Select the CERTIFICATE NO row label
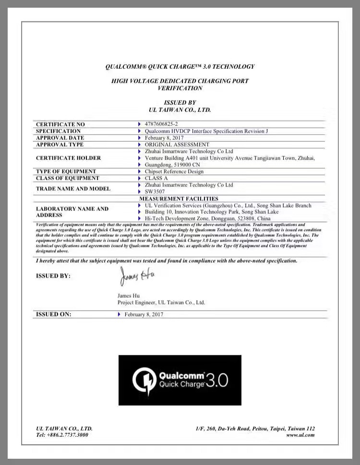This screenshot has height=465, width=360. pos(60,124)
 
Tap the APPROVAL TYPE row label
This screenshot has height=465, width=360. pos(60,145)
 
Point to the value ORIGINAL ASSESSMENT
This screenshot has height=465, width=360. pos(177,145)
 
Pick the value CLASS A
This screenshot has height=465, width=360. pos(156,178)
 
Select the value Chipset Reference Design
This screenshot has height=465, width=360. pos(174,171)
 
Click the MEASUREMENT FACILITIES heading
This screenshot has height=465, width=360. pos(179,198)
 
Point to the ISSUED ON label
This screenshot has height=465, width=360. pos(54,314)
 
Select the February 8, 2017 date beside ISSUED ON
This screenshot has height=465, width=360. pos(144,314)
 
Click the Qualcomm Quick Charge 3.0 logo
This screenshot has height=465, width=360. pos(180,380)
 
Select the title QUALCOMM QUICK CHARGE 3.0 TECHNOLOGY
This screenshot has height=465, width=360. pos(180,67)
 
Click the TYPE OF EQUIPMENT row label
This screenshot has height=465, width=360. pos(66,171)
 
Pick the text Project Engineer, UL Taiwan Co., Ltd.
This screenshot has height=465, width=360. pos(161,303)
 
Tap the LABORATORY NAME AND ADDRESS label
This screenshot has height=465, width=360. pos(72,212)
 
